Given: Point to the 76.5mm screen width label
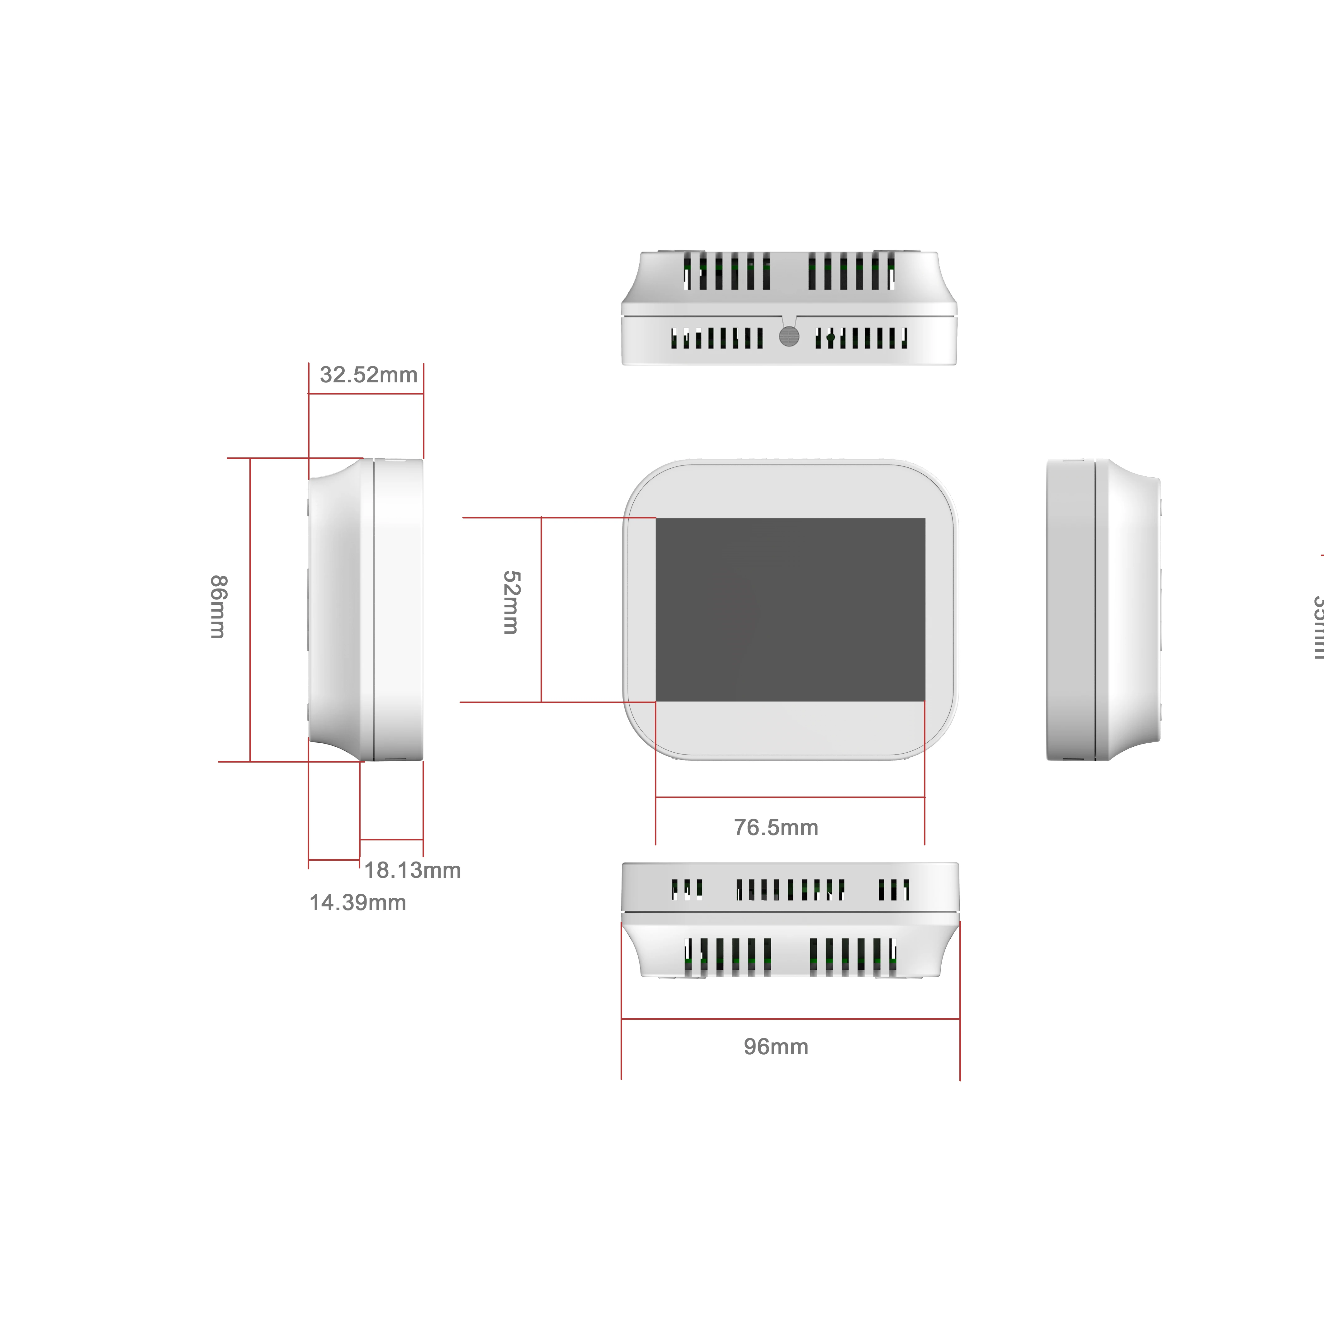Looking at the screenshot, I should [776, 828].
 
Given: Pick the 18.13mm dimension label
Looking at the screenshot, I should [412, 870].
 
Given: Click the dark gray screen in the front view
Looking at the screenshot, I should [790, 609].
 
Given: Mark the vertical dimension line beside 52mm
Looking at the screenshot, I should [541, 609].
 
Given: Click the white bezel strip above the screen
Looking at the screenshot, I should [790, 491].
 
